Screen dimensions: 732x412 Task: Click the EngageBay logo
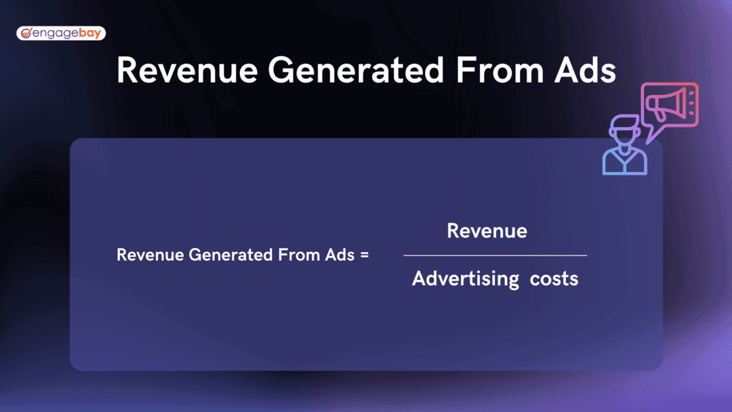tap(61, 33)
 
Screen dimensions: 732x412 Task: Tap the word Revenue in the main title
tap(187, 70)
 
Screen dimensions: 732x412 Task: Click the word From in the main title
tap(500, 70)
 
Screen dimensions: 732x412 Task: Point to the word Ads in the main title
tap(586, 70)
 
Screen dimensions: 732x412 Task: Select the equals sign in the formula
tap(364, 255)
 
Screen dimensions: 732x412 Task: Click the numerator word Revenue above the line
tap(487, 230)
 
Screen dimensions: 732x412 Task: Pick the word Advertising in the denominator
tap(466, 279)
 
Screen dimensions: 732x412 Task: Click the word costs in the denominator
tap(554, 279)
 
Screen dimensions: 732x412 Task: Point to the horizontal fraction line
tap(495, 255)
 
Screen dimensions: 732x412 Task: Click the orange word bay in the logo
tap(90, 33)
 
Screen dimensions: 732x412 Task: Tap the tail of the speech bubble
tap(652, 136)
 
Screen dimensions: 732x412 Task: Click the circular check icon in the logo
tap(26, 33)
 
